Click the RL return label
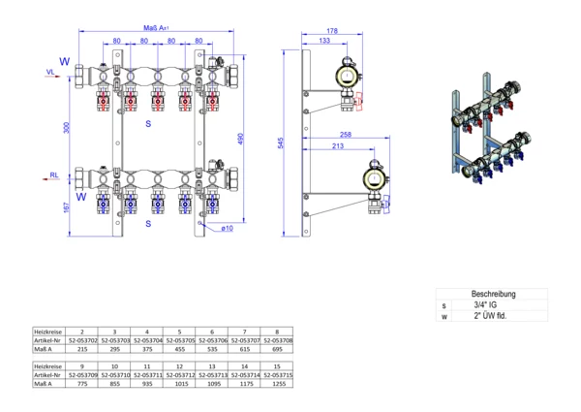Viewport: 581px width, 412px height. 49,177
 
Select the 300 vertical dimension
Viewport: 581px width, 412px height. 68,127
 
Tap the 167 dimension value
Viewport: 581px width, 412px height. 68,208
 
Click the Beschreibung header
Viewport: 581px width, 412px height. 493,293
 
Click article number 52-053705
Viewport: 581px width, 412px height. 181,341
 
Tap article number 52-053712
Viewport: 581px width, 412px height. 181,374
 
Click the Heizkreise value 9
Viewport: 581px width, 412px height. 83,364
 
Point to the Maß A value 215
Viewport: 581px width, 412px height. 83,351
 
